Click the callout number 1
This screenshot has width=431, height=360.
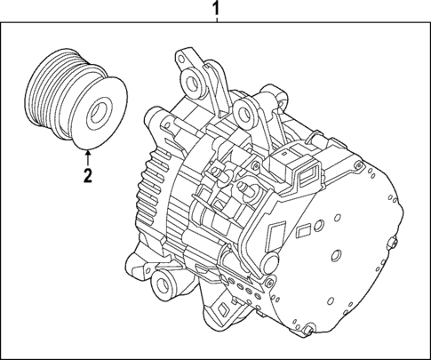click(213, 10)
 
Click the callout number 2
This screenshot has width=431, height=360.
click(87, 174)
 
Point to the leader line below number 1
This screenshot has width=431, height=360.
click(213, 24)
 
